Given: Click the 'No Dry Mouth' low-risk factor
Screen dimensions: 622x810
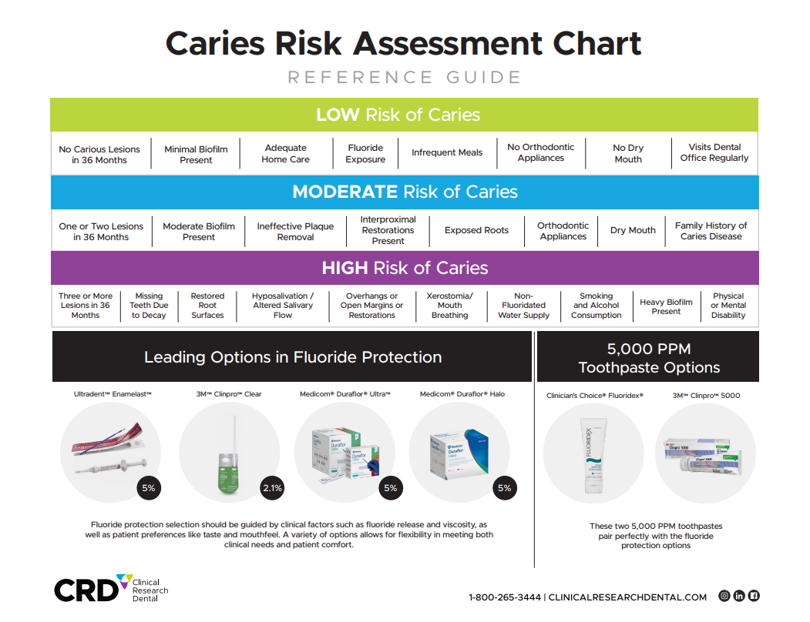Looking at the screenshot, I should pos(628,153).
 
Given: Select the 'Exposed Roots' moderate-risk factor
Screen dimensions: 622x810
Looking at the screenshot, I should pos(476,230).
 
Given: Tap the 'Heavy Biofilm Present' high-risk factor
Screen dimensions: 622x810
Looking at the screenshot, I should pos(666,306).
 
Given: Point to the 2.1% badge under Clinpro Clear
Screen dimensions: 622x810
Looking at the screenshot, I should pos(272,487).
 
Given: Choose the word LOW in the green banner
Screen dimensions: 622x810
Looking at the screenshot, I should pos(338,115).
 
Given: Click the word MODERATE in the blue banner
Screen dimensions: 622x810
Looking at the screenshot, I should pos(345,192).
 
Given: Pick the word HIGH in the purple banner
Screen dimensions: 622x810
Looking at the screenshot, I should pos(345,268).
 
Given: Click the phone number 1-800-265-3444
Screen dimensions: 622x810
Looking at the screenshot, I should pos(505,597).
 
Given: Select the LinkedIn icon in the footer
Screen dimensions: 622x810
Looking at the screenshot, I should pos(739,596).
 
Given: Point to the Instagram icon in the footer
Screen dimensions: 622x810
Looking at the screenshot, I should pos(724,596).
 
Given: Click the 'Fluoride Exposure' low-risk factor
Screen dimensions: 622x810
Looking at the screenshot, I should pos(365,153).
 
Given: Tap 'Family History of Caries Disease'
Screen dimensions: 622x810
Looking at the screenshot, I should pos(711,231).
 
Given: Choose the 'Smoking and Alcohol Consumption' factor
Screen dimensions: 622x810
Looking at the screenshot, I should pos(597,306).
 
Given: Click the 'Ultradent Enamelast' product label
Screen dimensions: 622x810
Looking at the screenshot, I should pos(113,394).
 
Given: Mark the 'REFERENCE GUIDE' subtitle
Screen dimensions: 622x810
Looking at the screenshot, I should pos(405,78).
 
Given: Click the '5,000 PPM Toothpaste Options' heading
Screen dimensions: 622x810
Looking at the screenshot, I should pos(649,358).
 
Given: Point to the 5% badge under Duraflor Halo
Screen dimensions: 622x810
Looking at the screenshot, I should pos(504,487).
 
